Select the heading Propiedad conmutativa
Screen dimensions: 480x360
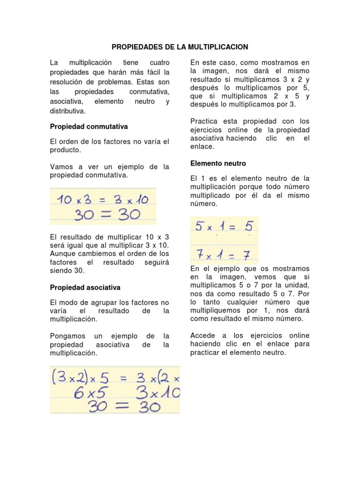89,127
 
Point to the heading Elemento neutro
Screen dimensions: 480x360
217,164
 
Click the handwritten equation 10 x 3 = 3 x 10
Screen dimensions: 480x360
103,200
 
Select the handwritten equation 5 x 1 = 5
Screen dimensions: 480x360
224,227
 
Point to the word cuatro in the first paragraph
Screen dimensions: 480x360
159,62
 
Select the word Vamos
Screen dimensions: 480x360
60,166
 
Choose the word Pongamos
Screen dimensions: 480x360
66,336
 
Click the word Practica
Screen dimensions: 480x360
204,121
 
